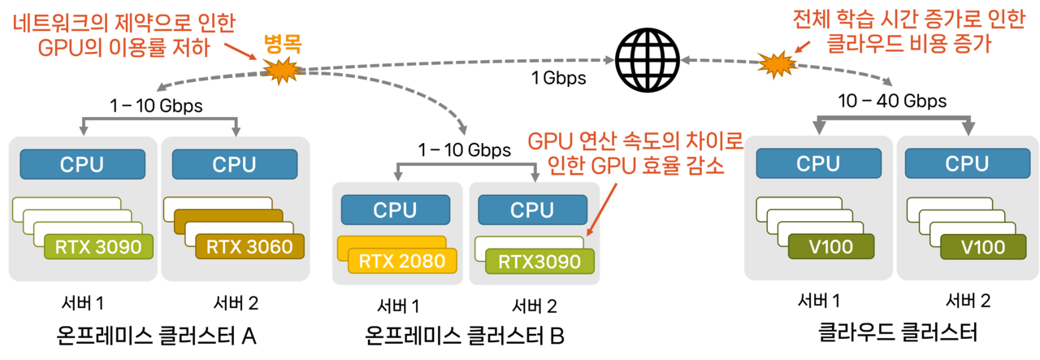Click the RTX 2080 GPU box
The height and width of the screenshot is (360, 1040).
[x=401, y=261]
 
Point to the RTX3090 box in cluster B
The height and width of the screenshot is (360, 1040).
[x=539, y=261]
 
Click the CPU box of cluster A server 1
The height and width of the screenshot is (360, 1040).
[x=82, y=163]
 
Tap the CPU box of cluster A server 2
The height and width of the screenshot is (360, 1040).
[x=234, y=163]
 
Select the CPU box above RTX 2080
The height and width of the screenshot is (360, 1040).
[x=395, y=209]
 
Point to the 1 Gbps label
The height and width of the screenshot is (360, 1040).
[x=558, y=79]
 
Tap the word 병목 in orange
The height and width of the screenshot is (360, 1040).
[x=282, y=46]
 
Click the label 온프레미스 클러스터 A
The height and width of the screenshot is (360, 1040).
[x=157, y=334]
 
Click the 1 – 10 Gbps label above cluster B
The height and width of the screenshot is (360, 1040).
[x=465, y=150]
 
